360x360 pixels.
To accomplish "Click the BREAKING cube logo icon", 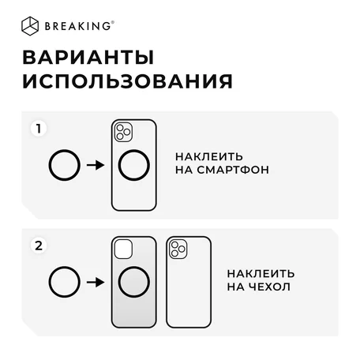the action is coord(30,26).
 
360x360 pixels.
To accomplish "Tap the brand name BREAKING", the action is coord(78,26).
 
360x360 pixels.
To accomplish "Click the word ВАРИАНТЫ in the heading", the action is coord(88,58).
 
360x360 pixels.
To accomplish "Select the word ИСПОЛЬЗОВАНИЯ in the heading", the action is coord(128,81).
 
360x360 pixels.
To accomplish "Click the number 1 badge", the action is coord(39,129).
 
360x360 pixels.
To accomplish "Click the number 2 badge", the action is coord(39,246).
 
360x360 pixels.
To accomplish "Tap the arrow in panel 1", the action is coord(96,165).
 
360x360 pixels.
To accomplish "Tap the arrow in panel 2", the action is coord(96,283).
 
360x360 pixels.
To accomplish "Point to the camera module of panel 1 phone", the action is coord(123,132).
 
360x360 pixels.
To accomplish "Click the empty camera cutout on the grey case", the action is coord(123,249).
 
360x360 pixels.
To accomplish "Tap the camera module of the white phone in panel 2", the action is coord(178,249).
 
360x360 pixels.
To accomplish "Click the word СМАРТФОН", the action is coord(233,170).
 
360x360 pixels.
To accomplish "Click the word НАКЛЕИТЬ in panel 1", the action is coord(209,157).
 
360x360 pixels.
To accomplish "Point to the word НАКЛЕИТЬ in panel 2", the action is coord(261,274).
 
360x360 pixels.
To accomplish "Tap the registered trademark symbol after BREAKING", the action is coord(113,23).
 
